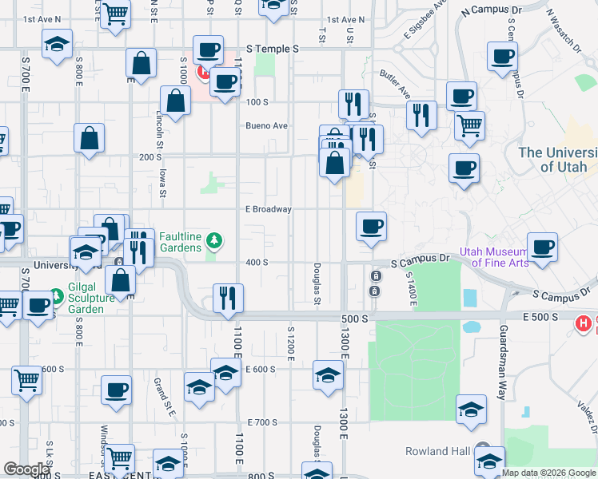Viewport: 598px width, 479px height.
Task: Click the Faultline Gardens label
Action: (x=180, y=242)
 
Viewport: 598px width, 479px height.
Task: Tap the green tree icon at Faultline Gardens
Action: (x=213, y=240)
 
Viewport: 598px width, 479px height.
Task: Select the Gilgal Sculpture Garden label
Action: (x=86, y=303)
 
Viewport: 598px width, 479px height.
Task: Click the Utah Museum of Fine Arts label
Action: (x=496, y=256)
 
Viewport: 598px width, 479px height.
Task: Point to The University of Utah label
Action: (x=557, y=160)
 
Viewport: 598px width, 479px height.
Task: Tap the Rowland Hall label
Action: (x=437, y=451)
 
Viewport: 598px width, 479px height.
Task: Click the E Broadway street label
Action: (x=268, y=209)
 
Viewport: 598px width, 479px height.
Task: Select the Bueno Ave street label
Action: (x=266, y=126)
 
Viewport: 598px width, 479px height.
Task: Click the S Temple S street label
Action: (x=273, y=49)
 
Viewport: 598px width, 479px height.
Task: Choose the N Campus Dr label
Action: (x=491, y=10)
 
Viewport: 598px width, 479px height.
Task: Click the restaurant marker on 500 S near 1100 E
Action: (x=229, y=299)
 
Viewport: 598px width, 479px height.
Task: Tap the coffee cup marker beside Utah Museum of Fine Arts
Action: (x=542, y=247)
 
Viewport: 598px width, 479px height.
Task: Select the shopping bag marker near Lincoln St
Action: (x=174, y=101)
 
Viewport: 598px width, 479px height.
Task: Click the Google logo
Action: (x=26, y=469)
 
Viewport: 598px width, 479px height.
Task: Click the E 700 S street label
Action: (x=262, y=422)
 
